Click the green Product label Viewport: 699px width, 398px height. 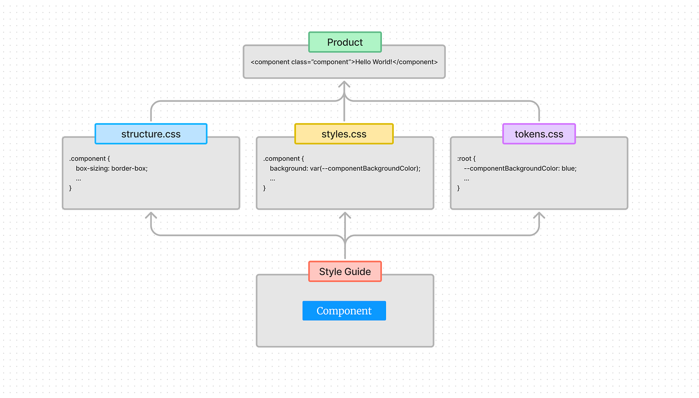pyautogui.click(x=345, y=42)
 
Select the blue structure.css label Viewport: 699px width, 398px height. pyautogui.click(x=151, y=134)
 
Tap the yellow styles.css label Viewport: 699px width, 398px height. pyautogui.click(x=344, y=134)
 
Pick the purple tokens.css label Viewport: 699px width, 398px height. pyautogui.click(x=539, y=134)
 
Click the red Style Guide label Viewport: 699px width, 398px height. pyautogui.click(x=345, y=271)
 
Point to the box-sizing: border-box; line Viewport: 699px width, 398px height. pyautogui.click(x=112, y=168)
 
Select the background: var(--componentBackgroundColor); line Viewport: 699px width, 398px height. pyautogui.click(x=345, y=168)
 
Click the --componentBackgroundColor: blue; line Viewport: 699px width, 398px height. pyautogui.click(x=520, y=168)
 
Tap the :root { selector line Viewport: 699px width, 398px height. pyautogui.click(x=466, y=159)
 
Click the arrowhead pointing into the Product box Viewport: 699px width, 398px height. pyautogui.click(x=344, y=84)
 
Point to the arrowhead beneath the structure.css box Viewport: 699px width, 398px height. pyautogui.click(x=151, y=215)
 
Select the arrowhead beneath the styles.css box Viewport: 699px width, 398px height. pyautogui.click(x=345, y=215)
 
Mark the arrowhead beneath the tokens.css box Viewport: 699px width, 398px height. pyautogui.click(x=539, y=215)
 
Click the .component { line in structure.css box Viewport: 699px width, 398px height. pyautogui.click(x=90, y=159)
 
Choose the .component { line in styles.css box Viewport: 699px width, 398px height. pyautogui.click(x=284, y=159)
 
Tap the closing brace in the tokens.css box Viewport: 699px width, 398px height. pyautogui.click(x=459, y=188)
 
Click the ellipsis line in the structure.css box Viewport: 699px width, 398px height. pyautogui.click(x=78, y=179)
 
